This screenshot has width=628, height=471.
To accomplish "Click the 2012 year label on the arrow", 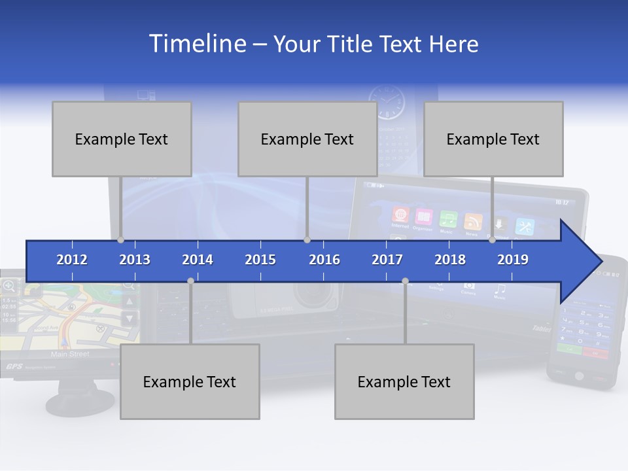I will pos(72,260).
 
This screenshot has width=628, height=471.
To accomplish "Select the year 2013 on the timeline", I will pos(135,260).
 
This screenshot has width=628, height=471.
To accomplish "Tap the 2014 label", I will pos(198,260).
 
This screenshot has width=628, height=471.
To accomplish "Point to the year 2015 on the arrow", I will pos(260,260).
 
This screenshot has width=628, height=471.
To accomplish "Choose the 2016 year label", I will pos(324,260).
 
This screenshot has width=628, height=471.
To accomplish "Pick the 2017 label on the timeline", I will pos(387,260).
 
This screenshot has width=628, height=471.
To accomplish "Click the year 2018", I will pos(450,260).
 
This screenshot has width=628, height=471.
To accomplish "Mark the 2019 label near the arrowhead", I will pos(513,260).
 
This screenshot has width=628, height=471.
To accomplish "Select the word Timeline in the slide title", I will pos(196,44).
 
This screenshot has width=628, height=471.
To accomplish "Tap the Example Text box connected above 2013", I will pos(122,139).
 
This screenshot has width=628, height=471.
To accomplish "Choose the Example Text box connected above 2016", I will pos(307,139).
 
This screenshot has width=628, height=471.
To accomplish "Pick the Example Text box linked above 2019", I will pos(493,139).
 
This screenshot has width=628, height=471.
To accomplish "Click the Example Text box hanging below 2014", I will pos(190,381).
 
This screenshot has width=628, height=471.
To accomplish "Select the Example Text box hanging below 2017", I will pos(404,381).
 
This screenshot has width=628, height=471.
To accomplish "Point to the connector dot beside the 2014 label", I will pos(190,281).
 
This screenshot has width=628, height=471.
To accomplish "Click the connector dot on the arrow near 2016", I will pos(307,240).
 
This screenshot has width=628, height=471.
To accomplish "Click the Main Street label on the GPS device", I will pos(70,354).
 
